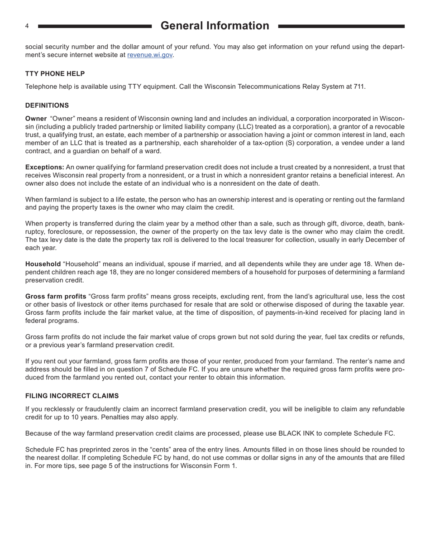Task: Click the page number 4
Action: [x=27, y=26]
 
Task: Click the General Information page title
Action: [x=215, y=26]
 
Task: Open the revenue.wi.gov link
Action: [x=150, y=55]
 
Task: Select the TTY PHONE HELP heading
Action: [x=55, y=73]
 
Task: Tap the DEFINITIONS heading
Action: [x=47, y=105]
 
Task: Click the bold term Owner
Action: [x=36, y=118]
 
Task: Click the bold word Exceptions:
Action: [x=44, y=167]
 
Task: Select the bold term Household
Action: [x=43, y=264]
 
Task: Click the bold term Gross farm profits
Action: [x=56, y=296]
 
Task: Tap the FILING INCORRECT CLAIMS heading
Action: [x=72, y=395]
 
